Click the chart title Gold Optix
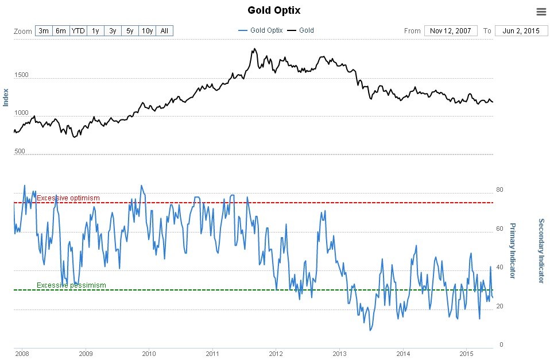[x=274, y=10]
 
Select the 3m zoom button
[x=43, y=30]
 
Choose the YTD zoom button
[x=78, y=30]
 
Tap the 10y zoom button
[x=147, y=30]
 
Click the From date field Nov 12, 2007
[x=450, y=30]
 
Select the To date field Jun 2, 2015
[x=521, y=30]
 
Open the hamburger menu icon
[x=541, y=11]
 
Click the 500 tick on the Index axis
[x=21, y=152]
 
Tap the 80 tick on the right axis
[x=499, y=189]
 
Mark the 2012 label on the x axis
[x=276, y=353]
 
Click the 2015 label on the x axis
[x=467, y=353]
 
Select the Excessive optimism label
[x=68, y=198]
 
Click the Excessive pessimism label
[x=71, y=285]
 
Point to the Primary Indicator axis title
[x=512, y=250]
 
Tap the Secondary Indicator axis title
[x=540, y=250]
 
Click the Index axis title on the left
[x=6, y=97]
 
